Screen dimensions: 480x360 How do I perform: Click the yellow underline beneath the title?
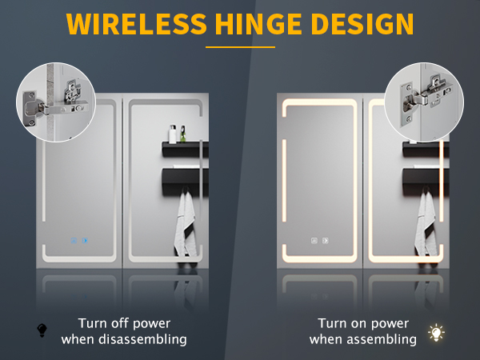click(x=240, y=47)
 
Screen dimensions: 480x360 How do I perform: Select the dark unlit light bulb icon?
click(x=42, y=330)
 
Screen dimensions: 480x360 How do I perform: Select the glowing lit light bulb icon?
click(x=436, y=333)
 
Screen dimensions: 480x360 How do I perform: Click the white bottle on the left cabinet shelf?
click(x=173, y=134)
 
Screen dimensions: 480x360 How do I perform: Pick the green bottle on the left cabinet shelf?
click(x=182, y=134)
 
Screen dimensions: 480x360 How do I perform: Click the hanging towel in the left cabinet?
click(x=186, y=223)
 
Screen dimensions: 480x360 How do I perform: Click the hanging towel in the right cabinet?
click(x=426, y=223)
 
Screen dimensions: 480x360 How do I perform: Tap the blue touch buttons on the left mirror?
click(x=79, y=241)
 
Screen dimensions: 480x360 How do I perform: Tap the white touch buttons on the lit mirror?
click(x=319, y=241)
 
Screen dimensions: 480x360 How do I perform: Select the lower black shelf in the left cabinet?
click(x=185, y=181)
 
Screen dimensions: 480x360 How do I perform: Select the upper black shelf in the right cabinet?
click(x=426, y=150)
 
